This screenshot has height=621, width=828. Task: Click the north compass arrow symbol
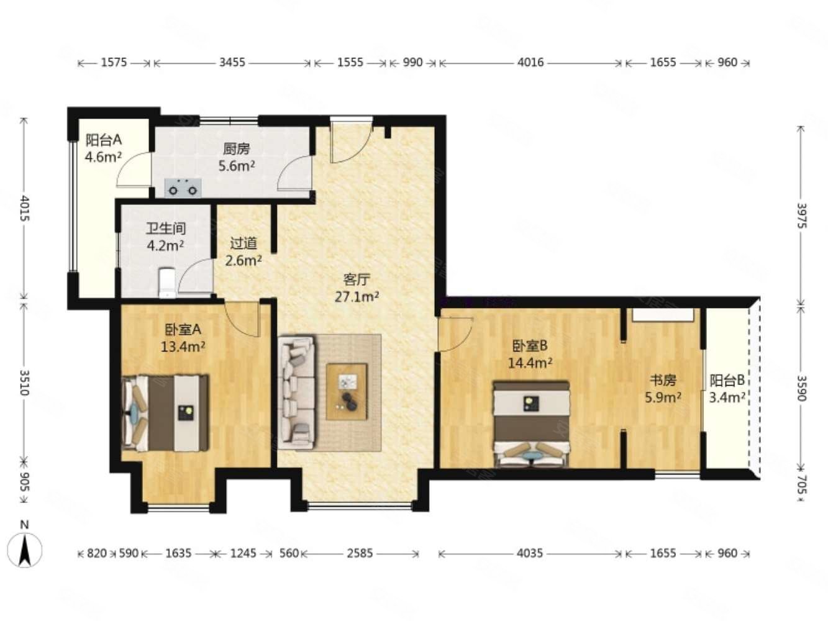pos(25,550)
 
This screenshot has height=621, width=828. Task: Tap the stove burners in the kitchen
pos(183,188)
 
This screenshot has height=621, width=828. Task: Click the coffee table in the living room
pos(347,391)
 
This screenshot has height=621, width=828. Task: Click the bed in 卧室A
pos(166,413)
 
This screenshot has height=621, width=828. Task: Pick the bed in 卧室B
pos(531,424)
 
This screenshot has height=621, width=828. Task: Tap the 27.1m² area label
pos(357,297)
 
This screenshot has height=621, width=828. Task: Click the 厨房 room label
pos(237,149)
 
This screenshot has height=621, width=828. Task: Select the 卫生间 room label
pos(166,229)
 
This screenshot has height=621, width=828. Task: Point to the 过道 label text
pos(243,243)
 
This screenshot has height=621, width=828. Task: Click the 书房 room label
pos(663,381)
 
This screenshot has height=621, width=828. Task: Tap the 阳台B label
pos(727,381)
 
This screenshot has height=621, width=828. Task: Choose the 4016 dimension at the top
pos(530,62)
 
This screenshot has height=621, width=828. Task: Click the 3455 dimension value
pos(232,62)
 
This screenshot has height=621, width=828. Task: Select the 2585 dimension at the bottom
pos(360,553)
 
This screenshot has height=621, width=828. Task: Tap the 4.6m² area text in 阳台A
pos(103,156)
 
